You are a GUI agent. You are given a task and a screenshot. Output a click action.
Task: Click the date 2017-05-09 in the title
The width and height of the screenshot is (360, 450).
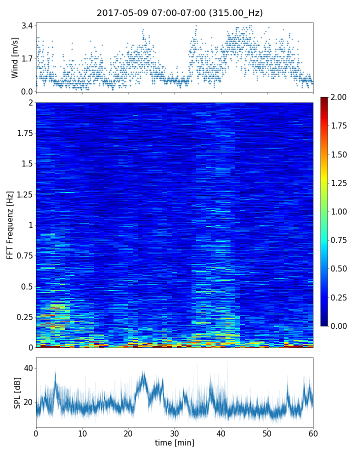[120, 13]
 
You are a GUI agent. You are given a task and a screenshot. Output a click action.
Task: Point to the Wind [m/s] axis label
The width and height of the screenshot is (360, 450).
[15, 58]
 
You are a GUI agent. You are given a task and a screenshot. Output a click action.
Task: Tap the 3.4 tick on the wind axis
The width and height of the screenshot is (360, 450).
[27, 25]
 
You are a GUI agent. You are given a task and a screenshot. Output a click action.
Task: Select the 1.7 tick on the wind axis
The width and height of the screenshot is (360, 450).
[27, 58]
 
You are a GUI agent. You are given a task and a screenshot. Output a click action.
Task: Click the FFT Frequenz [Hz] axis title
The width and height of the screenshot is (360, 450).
[10, 225]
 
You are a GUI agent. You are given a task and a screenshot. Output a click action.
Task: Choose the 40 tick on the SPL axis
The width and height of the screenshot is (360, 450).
[28, 368]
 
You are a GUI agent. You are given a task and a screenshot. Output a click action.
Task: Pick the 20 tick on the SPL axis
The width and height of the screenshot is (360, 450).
[28, 402]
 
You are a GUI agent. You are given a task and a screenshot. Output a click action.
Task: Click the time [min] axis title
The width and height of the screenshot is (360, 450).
[174, 442]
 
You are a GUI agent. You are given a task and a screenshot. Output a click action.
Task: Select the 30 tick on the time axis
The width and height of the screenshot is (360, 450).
[174, 432]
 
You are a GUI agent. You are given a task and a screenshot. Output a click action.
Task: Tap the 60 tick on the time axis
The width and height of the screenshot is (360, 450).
[313, 432]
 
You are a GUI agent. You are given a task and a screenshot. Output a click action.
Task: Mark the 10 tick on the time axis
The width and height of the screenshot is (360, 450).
[82, 432]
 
